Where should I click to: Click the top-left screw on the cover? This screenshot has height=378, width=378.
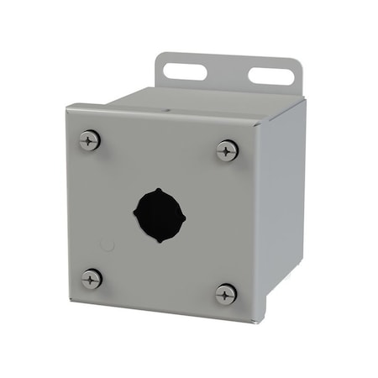pyautogui.click(x=90, y=140)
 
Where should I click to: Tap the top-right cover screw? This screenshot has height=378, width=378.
pyautogui.click(x=227, y=151)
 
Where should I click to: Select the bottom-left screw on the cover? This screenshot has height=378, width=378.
pyautogui.click(x=92, y=279)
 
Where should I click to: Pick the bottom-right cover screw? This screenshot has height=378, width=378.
pyautogui.click(x=226, y=294)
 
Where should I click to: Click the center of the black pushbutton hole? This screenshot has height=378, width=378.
pyautogui.click(x=159, y=215)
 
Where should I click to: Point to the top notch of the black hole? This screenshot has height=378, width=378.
pyautogui.click(x=159, y=190)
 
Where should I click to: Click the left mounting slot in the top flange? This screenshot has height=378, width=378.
pyautogui.click(x=185, y=71)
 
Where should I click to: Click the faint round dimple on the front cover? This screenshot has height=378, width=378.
pyautogui.click(x=107, y=245)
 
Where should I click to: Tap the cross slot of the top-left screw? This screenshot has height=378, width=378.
pyautogui.click(x=90, y=140)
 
